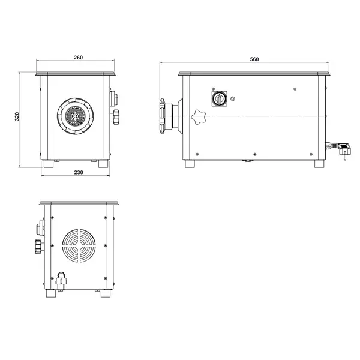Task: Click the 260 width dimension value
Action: [78, 58]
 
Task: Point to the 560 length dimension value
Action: [254, 59]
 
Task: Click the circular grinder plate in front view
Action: [76, 115]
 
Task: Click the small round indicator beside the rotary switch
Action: [233, 98]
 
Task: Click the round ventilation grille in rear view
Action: [78, 247]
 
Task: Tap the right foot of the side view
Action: [319, 163]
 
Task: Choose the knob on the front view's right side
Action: [115, 116]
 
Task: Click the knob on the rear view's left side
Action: [38, 246]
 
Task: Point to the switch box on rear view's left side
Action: [41, 228]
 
